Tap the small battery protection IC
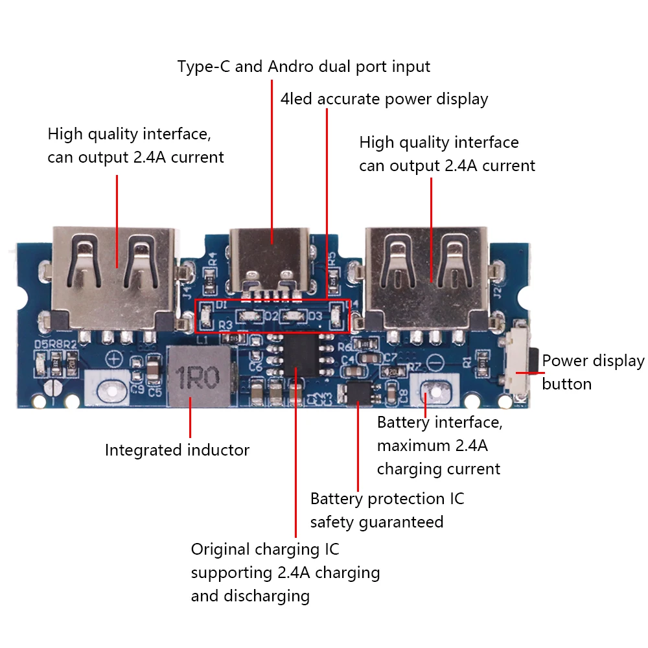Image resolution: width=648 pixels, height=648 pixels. click(x=358, y=391)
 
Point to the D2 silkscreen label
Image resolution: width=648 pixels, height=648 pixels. click(x=271, y=316)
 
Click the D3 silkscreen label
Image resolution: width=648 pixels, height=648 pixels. click(x=315, y=316)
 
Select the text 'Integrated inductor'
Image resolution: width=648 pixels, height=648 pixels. click(x=177, y=450)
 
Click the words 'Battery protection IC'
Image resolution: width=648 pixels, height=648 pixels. click(x=387, y=499)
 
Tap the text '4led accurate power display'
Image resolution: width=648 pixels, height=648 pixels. click(x=384, y=99)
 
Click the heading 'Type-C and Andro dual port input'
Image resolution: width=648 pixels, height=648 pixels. click(x=304, y=66)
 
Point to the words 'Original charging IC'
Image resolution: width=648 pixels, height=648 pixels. click(x=265, y=550)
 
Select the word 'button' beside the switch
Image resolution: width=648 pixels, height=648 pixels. click(x=566, y=384)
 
